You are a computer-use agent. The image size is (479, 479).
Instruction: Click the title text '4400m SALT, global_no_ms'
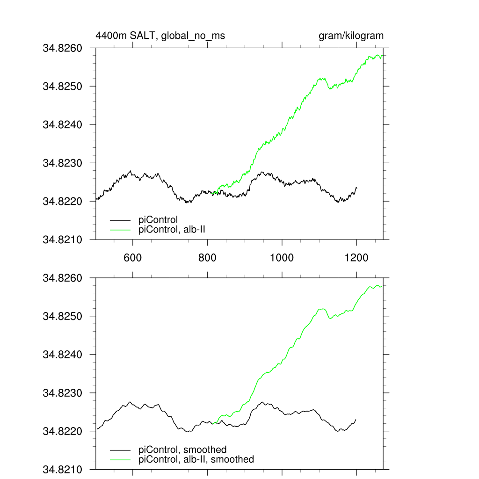[x=157, y=36]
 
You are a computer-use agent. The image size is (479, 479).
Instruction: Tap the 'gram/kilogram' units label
[x=351, y=36]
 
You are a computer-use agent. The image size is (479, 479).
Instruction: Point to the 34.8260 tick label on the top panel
[x=63, y=48]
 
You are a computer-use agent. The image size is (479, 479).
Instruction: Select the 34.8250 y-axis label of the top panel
[x=63, y=87]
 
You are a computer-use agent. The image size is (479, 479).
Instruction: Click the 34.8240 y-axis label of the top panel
[x=63, y=125]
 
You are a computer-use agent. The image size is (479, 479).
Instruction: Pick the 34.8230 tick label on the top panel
[x=63, y=163]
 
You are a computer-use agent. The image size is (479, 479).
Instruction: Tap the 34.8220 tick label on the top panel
[x=63, y=202]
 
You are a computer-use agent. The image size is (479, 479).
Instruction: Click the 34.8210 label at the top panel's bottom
[x=63, y=240]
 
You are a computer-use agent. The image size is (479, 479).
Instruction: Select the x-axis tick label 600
[x=132, y=258]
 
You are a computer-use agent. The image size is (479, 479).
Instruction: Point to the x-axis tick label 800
[x=207, y=258]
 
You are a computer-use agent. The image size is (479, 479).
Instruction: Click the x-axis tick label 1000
[x=282, y=258]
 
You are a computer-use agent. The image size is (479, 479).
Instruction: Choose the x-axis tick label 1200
[x=356, y=258]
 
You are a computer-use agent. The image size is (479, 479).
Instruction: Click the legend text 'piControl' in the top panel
[x=159, y=219]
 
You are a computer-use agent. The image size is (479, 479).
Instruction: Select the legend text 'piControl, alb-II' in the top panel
[x=172, y=229]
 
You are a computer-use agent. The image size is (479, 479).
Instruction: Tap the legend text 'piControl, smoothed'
[x=183, y=450]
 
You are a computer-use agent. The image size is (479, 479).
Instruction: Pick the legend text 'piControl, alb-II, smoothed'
[x=196, y=459]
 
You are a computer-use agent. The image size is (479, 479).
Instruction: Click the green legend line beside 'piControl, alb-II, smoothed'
[x=120, y=459]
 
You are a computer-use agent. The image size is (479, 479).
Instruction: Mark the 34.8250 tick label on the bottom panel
[x=63, y=317]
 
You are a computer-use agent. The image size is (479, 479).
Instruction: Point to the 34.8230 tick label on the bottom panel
[x=63, y=393]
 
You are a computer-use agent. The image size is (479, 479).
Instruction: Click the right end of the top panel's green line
[x=382, y=56]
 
